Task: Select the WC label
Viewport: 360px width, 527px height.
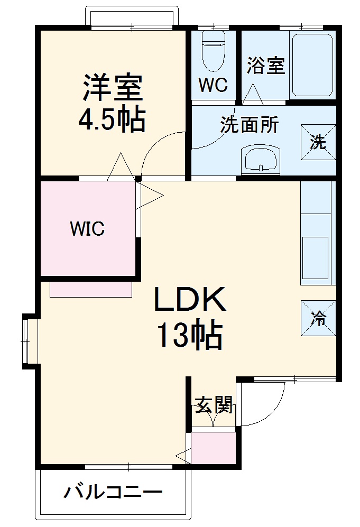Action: [213, 84]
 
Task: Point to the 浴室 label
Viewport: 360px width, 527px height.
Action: [266, 66]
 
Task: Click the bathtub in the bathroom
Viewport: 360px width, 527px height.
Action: [312, 65]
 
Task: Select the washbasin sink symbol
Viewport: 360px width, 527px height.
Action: [260, 159]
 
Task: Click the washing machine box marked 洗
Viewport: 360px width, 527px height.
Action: [318, 142]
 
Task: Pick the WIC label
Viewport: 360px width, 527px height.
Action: [88, 229]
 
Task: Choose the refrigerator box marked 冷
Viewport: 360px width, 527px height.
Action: [318, 318]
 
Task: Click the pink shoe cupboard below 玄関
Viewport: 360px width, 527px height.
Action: [213, 449]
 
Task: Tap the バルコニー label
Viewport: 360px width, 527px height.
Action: [113, 494]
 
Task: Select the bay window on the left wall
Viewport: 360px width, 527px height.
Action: [27, 340]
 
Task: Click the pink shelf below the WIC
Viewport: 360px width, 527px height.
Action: [91, 289]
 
